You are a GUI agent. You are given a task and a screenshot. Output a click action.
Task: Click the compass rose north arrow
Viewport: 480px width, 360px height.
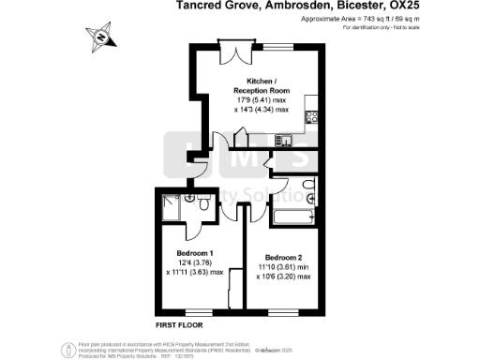102,37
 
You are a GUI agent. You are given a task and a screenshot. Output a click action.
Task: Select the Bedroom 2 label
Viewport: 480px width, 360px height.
284,258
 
